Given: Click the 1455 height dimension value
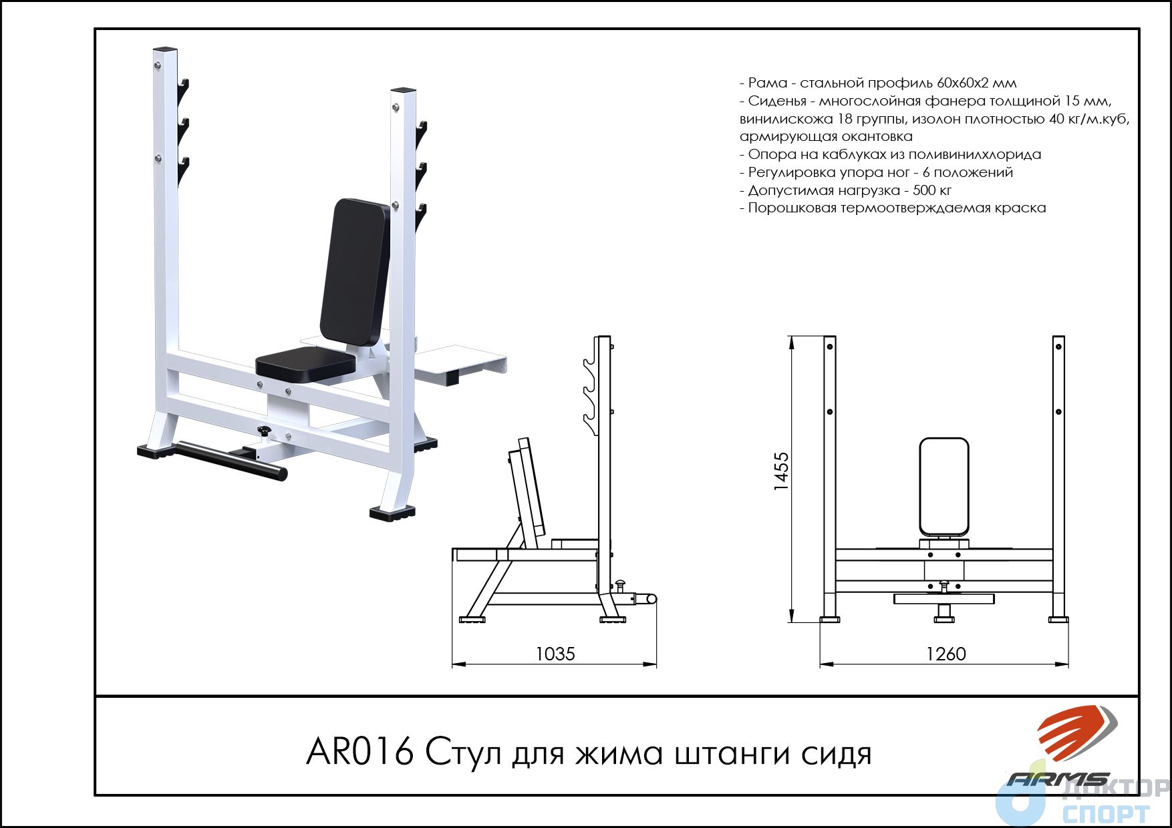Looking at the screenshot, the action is [782, 471].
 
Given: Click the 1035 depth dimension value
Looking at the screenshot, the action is [555, 654].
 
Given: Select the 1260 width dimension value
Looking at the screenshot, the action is [946, 654].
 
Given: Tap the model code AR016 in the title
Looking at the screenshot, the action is [360, 753].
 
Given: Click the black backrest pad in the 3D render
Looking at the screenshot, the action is [355, 271].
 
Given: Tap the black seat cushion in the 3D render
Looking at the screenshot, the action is [305, 365].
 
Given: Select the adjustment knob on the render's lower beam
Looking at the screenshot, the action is [265, 431].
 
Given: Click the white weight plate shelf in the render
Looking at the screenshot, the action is [461, 361].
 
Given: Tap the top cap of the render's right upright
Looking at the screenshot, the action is [404, 90].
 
